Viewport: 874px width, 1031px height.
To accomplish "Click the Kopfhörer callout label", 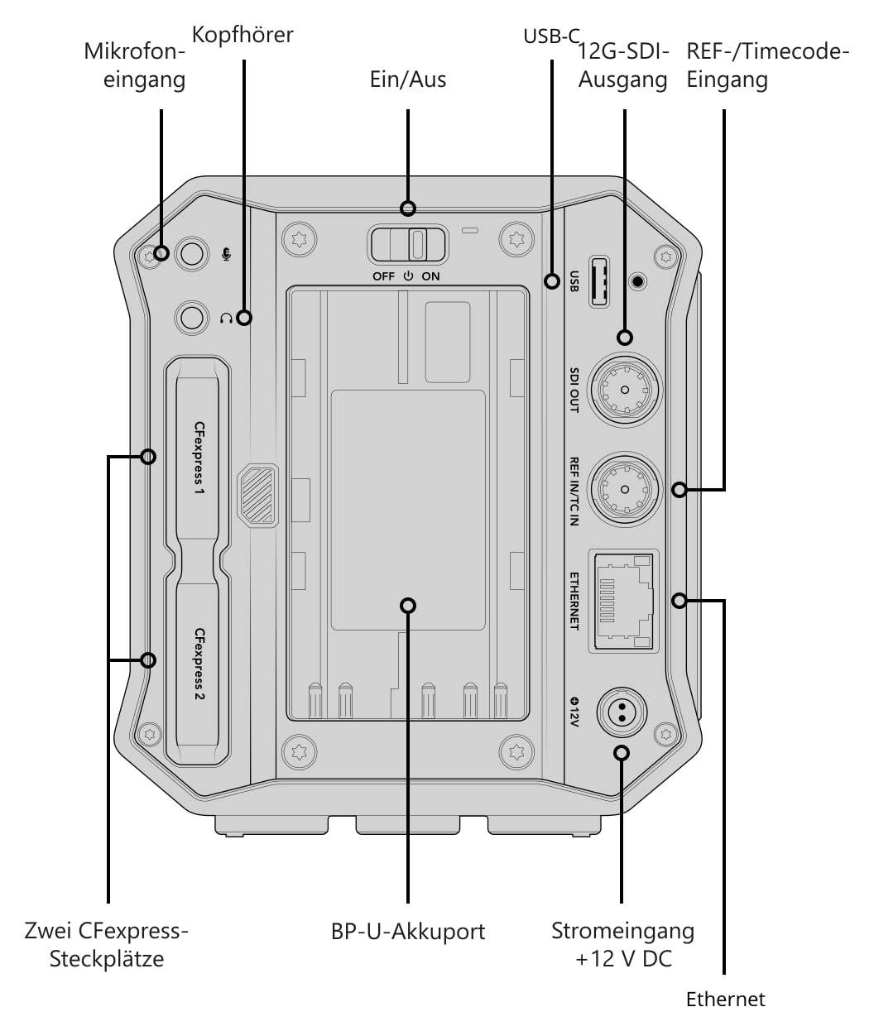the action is point(243,36).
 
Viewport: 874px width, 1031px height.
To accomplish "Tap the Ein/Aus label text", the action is point(407,79).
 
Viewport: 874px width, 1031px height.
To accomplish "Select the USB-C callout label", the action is point(551,36).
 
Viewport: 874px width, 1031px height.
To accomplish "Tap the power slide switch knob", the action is point(418,244).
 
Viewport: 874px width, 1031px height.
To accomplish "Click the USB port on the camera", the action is point(599,282).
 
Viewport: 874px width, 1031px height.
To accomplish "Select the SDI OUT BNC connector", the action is point(624,390).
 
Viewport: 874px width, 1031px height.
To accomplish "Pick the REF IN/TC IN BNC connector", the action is point(624,489).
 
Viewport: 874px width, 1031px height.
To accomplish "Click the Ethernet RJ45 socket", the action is point(623,601).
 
